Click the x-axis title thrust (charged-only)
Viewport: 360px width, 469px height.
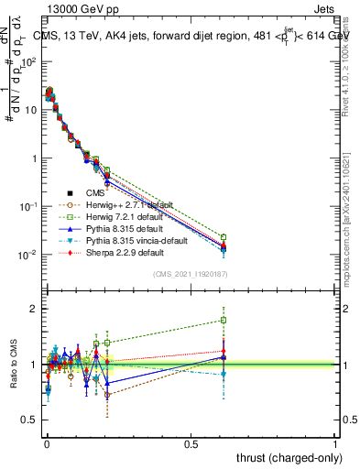[x=289, y=457]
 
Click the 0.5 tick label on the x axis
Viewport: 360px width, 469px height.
[x=191, y=442]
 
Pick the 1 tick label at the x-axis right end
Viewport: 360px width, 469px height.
[x=335, y=442]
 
